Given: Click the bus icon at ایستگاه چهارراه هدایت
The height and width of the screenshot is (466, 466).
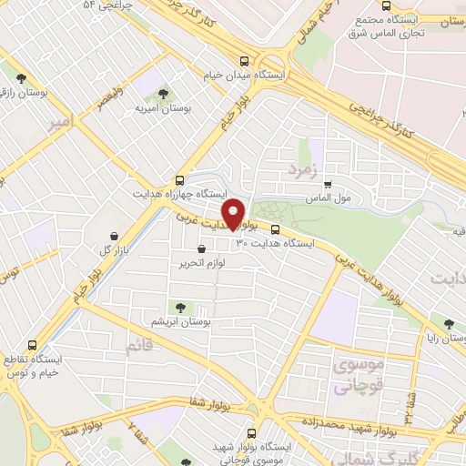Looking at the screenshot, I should point(179,180).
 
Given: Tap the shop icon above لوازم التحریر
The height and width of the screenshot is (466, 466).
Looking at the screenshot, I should point(201,248).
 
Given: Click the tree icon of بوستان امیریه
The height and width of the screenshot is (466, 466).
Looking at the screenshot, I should point(163,93).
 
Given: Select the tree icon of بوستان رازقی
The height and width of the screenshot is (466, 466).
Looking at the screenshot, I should point(33,77).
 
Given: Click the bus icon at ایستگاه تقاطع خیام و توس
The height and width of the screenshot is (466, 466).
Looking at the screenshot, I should point(33,345).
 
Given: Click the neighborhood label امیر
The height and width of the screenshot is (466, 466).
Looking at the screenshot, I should point(61,125).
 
